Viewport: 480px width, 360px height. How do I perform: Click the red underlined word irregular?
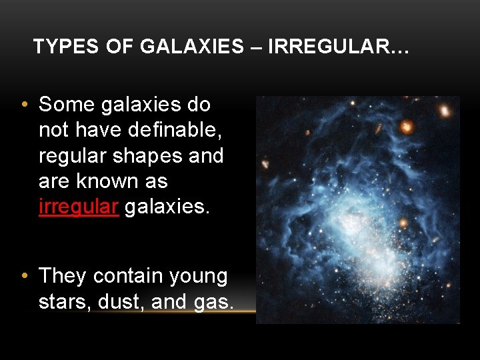pos(79,207)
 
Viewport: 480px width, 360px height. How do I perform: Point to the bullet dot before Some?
pos(24,105)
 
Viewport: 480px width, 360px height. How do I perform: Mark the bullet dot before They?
pos(24,276)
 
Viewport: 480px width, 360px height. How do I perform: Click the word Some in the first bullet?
pos(68,105)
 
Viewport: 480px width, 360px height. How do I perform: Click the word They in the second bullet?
pos(63,276)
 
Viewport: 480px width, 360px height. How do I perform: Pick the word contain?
pos(129,276)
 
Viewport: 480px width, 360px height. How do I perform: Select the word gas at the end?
pos(212,302)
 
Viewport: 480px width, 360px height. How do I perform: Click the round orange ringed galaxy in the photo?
pos(407,126)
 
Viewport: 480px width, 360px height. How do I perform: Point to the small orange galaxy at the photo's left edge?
pos(265,163)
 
